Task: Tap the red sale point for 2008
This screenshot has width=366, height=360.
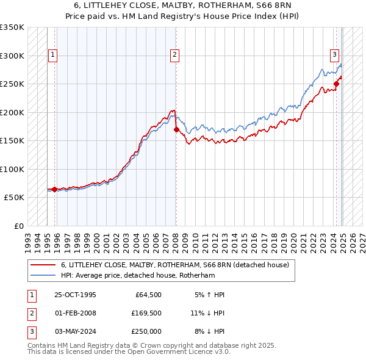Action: click(x=176, y=129)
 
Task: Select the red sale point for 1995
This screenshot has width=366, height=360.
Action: click(x=55, y=189)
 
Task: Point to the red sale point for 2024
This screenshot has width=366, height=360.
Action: click(x=336, y=84)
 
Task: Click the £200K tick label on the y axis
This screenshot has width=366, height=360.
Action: click(x=12, y=112)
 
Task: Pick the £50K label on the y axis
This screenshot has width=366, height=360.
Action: click(x=14, y=198)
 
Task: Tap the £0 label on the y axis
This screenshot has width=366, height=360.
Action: click(x=18, y=226)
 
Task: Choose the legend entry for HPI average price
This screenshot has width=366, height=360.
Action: click(x=138, y=276)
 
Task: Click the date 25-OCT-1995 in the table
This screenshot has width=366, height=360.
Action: click(x=75, y=295)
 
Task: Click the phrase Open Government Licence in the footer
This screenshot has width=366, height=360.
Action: click(x=169, y=351)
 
